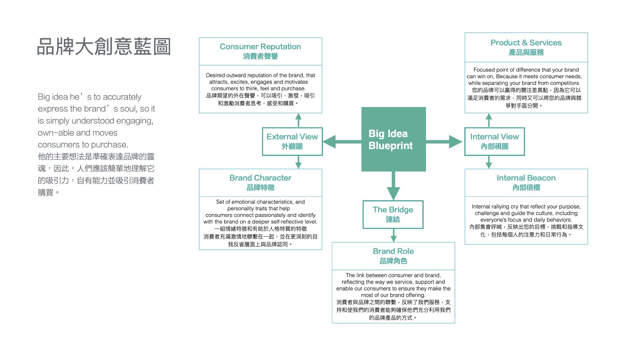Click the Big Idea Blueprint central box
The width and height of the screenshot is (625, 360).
coord(393,139)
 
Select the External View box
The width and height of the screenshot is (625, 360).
coord(292,141)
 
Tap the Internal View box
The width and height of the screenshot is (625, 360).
coord(494,141)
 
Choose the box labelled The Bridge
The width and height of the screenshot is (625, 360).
coord(393,214)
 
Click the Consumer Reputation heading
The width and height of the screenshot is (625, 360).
coord(260,47)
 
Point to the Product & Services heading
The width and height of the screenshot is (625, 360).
coord(526,43)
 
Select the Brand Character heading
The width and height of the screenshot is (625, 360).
coord(260,178)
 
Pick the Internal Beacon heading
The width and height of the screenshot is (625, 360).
coord(526,178)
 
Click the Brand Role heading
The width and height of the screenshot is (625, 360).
coord(393,251)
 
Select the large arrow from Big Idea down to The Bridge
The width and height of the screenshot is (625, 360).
coord(393,185)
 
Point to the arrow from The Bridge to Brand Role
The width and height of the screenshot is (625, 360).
coord(393,236)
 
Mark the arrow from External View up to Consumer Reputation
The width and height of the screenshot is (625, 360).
coord(298,120)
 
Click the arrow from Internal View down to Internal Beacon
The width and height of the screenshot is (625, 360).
coord(489,162)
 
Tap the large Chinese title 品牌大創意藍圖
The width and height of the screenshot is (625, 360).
coord(104,47)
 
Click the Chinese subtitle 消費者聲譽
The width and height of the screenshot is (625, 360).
coord(260,57)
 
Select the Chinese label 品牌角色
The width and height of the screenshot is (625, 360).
coord(393,261)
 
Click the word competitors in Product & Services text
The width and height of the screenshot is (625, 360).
coord(566,83)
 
